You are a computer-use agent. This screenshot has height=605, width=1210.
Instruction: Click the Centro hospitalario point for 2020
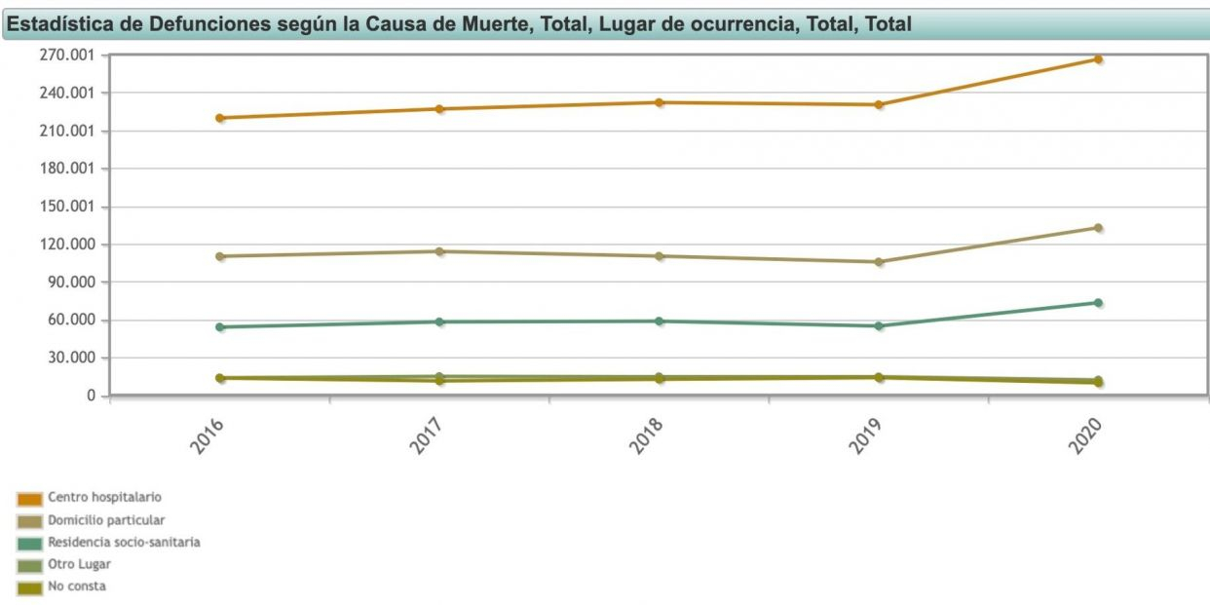coord(1098,59)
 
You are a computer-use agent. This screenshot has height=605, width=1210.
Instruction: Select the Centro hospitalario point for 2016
coord(220,118)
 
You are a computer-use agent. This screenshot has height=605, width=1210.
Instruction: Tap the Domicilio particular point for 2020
coord(1098,228)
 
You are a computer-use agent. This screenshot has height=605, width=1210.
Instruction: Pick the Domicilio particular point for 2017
coord(439,251)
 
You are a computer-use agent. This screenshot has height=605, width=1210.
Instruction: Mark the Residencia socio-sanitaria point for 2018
coord(660,321)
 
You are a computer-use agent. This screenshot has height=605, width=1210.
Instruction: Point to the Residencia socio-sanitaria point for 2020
coord(1098,303)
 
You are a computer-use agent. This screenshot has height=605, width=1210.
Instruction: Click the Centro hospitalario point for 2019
coord(879,104)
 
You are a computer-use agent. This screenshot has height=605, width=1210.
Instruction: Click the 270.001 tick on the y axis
coord(68,56)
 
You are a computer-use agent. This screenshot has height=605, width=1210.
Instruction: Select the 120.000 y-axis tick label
coord(68,245)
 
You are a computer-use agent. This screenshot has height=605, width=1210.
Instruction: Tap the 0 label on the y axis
coord(91,396)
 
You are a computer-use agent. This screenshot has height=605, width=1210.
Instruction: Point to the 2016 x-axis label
coord(207,436)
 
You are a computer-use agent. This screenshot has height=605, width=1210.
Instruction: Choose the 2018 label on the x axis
coord(646,436)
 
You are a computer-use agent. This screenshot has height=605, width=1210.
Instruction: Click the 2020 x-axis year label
coord(1084,436)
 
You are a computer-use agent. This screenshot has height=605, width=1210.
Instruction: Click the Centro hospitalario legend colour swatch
coord(30,499)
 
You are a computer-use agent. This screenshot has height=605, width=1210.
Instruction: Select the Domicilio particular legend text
coord(106,520)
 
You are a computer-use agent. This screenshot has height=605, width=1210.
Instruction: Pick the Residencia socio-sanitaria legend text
coord(124,542)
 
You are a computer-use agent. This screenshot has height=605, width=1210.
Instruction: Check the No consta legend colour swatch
coord(30,587)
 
